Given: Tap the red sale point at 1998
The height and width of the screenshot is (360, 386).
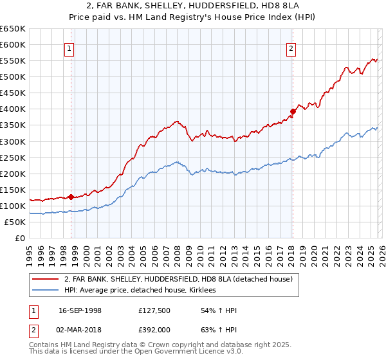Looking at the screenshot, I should [71, 197].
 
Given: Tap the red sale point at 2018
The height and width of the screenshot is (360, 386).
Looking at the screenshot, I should [292, 111].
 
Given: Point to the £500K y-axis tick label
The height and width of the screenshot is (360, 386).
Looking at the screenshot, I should [13, 77].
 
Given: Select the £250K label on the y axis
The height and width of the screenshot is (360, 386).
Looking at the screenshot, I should [13, 157].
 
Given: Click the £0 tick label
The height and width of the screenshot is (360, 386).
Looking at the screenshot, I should [20, 238].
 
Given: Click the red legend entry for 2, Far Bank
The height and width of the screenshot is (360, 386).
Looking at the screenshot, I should [178, 279].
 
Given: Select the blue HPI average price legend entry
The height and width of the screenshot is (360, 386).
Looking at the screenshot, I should [140, 291].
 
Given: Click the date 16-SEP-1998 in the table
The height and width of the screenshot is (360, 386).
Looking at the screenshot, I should [80, 311].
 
